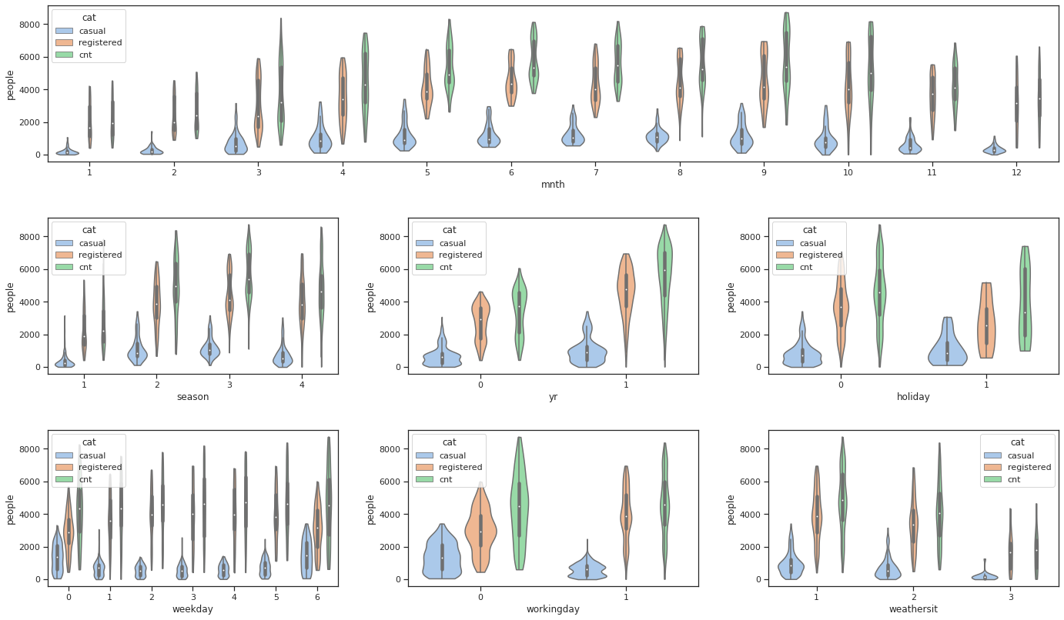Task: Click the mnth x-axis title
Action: click(x=553, y=185)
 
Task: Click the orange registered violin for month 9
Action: click(x=764, y=85)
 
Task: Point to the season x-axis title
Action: click(x=192, y=397)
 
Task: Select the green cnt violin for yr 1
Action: click(x=664, y=277)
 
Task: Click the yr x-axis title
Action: click(x=553, y=397)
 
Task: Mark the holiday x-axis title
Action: click(x=913, y=397)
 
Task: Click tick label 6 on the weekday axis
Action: click(x=317, y=595)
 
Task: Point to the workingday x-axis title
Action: click(x=553, y=609)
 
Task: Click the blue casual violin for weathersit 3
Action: click(x=986, y=575)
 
